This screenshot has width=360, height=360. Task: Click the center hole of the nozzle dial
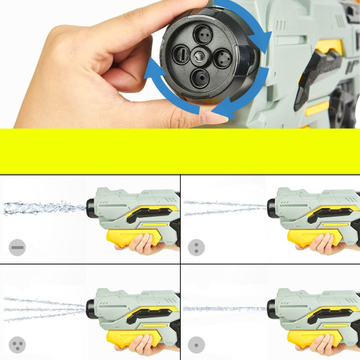pyautogui.click(x=200, y=56)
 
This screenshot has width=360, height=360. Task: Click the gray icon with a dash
pyautogui.click(x=17, y=247)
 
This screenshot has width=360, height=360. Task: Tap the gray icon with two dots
pyautogui.click(x=196, y=247)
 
